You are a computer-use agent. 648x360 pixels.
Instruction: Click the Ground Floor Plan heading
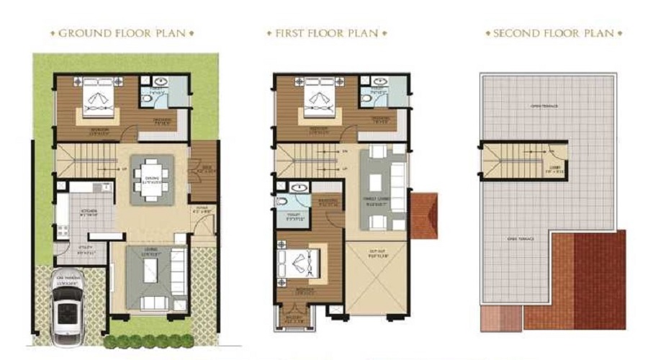tap(122, 34)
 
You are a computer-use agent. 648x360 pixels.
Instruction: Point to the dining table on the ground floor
tap(152, 176)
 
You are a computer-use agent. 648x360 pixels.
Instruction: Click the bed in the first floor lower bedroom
tap(302, 264)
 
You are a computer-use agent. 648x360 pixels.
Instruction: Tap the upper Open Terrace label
tap(545, 107)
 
